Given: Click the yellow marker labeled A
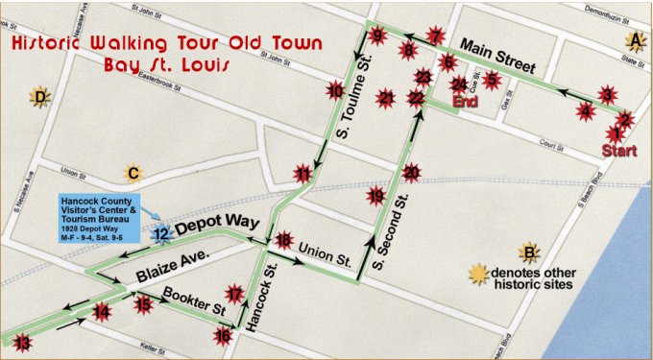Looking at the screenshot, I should coord(634,39).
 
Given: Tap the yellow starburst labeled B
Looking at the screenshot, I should coord(527,253).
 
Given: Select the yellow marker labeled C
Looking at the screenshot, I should coord(133,174).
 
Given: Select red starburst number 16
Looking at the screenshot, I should coord(223,335).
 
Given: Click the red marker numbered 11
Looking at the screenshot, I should coord(303,174).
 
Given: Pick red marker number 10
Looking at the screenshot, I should coord(335,91).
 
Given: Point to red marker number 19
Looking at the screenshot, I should coord(375,196).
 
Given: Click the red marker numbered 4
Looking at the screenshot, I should coord(586,110).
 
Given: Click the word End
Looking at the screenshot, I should coord(465,101).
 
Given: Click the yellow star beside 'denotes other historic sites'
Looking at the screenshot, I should coord(477,274).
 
